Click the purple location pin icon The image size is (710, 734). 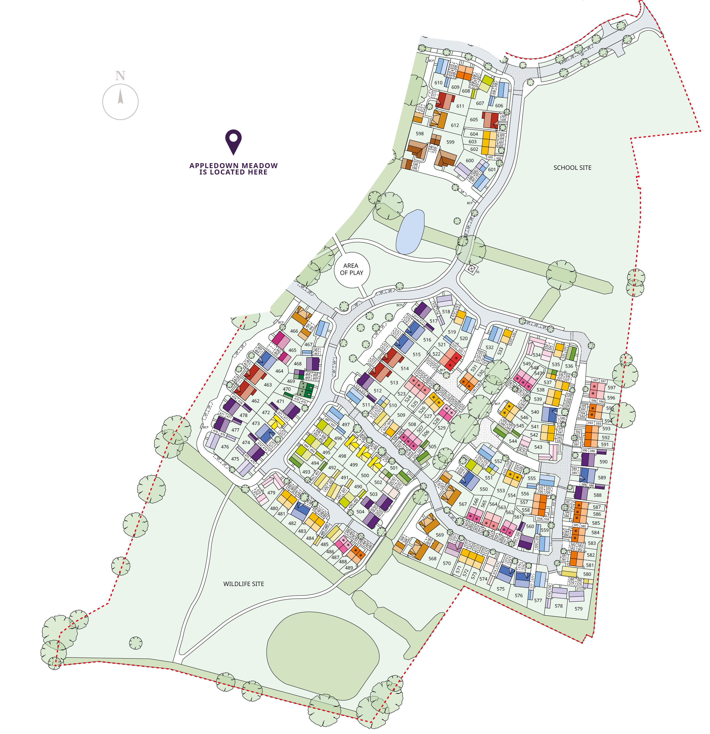pyautogui.click(x=233, y=142)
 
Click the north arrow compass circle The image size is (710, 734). pyautogui.click(x=120, y=102)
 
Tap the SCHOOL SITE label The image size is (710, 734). pyautogui.click(x=572, y=168)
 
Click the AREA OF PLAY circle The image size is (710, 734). pyautogui.click(x=351, y=269)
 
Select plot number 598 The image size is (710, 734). pyautogui.click(x=420, y=134)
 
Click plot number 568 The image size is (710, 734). pyautogui.click(x=432, y=558)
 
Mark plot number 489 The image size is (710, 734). pyautogui.click(x=349, y=568)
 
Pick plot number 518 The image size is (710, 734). pyautogui.click(x=446, y=312)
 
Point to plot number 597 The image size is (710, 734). pyautogui.click(x=611, y=388)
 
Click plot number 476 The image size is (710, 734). pyautogui.click(x=225, y=447)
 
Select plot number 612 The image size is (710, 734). pyautogui.click(x=455, y=125)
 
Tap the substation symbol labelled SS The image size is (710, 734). pyautogui.click(x=472, y=269)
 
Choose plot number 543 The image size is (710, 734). pyautogui.click(x=538, y=447)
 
